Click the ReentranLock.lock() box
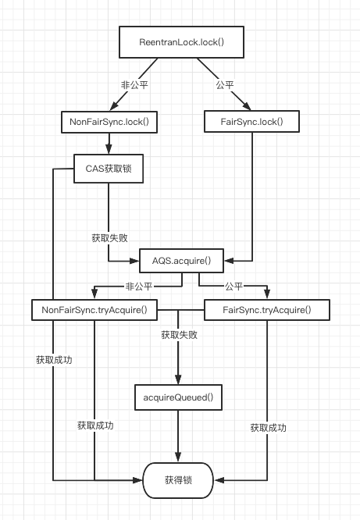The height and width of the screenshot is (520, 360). (x=181, y=42)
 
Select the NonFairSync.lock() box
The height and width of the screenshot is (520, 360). (x=109, y=122)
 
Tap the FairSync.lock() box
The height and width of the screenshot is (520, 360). (x=251, y=122)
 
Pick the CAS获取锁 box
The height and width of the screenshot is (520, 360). (x=109, y=169)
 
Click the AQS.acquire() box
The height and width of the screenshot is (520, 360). (x=181, y=261)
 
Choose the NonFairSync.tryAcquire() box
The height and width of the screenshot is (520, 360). (x=94, y=310)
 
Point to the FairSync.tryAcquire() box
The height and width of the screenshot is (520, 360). (x=267, y=310)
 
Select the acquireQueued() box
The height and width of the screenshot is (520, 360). (x=178, y=397)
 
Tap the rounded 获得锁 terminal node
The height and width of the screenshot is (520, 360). (x=178, y=480)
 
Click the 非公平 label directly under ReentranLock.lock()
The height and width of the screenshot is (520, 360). (x=134, y=85)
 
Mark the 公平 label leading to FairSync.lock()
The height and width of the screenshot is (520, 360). (x=225, y=85)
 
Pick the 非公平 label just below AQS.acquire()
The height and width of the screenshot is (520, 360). (x=139, y=287)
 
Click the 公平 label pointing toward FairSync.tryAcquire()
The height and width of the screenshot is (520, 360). (x=234, y=287)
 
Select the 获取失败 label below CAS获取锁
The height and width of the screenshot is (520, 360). (x=110, y=238)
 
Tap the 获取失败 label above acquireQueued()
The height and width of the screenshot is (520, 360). (x=179, y=335)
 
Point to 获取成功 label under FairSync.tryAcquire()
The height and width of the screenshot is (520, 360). (x=268, y=428)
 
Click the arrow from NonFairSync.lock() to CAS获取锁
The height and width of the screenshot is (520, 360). (x=109, y=144)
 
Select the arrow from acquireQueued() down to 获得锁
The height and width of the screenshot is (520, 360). (x=178, y=436)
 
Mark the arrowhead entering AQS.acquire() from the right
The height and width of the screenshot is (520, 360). (x=229, y=261)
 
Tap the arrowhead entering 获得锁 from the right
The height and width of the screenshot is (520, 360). (x=219, y=480)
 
